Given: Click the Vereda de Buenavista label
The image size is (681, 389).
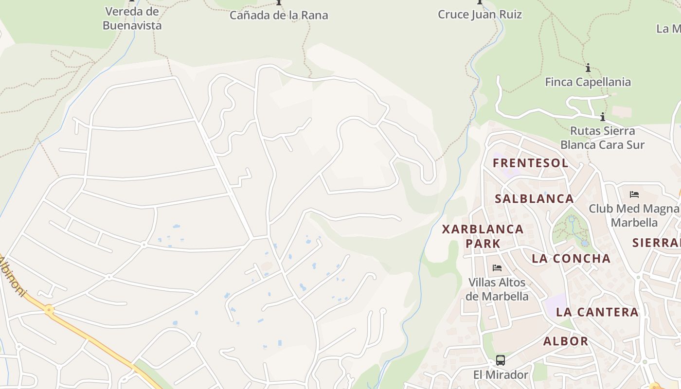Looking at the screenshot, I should click(x=132, y=18).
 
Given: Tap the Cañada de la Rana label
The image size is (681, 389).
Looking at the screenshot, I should click(x=279, y=15).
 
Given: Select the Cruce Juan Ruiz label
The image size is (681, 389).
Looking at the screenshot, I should click(x=480, y=14).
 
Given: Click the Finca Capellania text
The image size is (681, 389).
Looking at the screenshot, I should click(x=588, y=82).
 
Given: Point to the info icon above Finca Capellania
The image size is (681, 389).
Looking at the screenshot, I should click(x=588, y=68).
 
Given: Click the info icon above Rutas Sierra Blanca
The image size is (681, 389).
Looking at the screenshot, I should click(x=602, y=117).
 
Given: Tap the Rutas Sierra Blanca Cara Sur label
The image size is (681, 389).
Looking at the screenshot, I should click(x=602, y=138).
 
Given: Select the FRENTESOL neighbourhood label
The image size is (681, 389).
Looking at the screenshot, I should click(x=530, y=163).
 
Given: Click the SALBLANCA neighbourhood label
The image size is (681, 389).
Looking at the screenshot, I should click(x=534, y=198).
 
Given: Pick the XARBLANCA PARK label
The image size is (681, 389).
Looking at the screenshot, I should click(x=483, y=236).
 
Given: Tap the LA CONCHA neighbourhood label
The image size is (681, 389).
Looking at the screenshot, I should click(x=571, y=258).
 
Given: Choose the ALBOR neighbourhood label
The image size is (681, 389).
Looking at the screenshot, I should click(x=565, y=341).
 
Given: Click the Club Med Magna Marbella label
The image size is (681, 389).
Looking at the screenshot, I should click(x=634, y=215).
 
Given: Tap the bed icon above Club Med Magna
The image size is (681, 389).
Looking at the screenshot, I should click(x=634, y=194).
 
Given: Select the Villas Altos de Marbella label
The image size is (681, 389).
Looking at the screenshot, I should click(x=497, y=289).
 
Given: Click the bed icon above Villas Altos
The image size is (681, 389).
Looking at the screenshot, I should click(x=497, y=267).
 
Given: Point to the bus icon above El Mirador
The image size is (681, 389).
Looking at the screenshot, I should click(x=500, y=360).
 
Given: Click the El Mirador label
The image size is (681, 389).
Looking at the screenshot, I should click(x=500, y=374).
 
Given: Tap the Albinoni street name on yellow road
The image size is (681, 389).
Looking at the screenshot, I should click(x=13, y=276).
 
